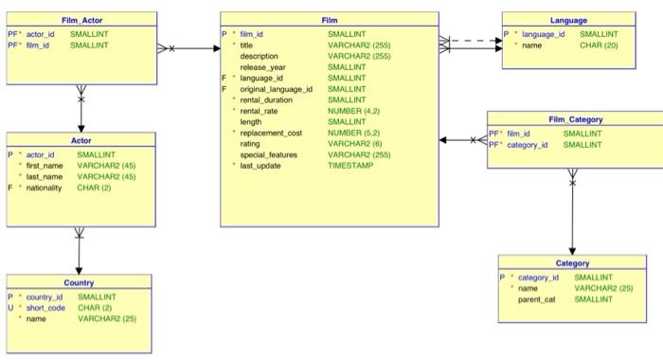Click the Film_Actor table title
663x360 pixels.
(x=81, y=20)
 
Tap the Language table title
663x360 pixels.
(x=567, y=20)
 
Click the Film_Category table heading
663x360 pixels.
(x=574, y=119)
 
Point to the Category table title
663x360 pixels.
(x=572, y=263)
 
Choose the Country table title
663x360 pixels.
(x=79, y=282)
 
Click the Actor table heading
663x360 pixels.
(x=81, y=139)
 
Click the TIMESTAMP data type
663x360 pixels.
(x=350, y=165)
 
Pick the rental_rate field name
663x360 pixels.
(x=261, y=111)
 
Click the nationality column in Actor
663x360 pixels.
(x=45, y=188)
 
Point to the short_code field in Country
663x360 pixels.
(x=45, y=307)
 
